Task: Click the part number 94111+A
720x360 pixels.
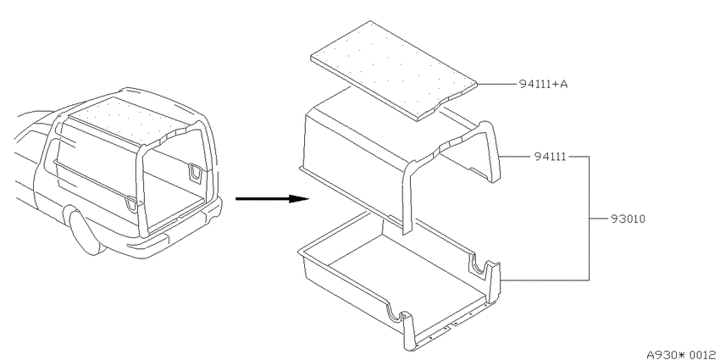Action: click(543, 84)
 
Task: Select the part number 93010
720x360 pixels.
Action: click(628, 219)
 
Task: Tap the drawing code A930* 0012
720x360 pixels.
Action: click(680, 354)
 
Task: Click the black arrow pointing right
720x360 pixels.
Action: click(272, 199)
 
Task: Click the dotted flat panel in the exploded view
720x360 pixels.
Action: click(394, 70)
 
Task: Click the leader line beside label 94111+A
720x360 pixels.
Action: click(497, 84)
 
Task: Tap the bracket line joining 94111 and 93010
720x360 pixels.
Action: click(589, 218)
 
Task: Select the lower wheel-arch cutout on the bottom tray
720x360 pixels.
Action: click(396, 313)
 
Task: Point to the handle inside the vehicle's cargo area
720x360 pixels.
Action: click(194, 172)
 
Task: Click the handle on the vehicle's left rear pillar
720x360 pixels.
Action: click(132, 203)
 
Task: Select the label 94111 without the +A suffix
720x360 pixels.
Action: click(550, 157)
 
